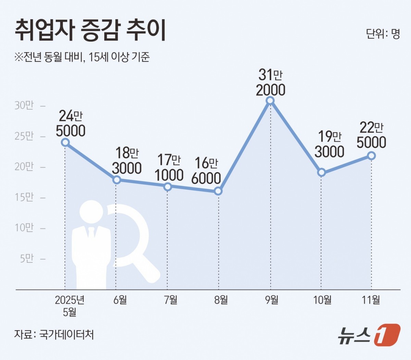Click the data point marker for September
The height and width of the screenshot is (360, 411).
pyautogui.click(x=270, y=100)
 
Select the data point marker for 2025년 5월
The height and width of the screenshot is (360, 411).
pyautogui.click(x=65, y=142)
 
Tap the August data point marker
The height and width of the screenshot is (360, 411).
pyautogui.click(x=218, y=191)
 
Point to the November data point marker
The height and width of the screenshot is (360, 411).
pyautogui.click(x=371, y=156)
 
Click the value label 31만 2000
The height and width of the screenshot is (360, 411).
pyautogui.click(x=271, y=82)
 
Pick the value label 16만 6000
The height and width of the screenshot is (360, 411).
pyautogui.click(x=206, y=171)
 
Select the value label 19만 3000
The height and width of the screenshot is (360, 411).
pyautogui.click(x=329, y=144)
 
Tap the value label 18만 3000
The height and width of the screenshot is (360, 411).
pyautogui.click(x=127, y=160)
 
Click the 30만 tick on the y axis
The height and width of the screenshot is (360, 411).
pyautogui.click(x=24, y=105)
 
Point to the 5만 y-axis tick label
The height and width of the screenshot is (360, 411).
pyautogui.click(x=27, y=258)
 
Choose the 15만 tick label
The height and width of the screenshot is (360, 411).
pyautogui.click(x=24, y=197)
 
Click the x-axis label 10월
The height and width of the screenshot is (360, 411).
pyautogui.click(x=322, y=300)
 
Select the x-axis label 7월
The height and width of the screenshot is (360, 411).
pyautogui.click(x=171, y=300)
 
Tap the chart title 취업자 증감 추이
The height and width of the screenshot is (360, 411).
pyautogui.click(x=90, y=30)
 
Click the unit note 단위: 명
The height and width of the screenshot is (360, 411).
pyautogui.click(x=383, y=34)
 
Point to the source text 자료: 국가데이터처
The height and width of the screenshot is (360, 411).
pyautogui.click(x=54, y=334)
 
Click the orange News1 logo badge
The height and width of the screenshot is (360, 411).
pyautogui.click(x=387, y=334)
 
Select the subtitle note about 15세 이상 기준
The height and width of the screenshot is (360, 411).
pyautogui.click(x=82, y=57)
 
